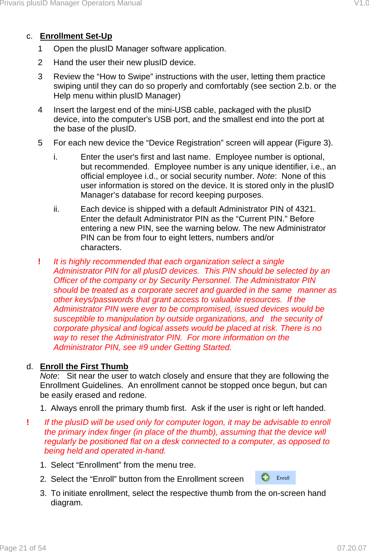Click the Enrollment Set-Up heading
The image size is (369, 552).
pyautogui.click(x=76, y=36)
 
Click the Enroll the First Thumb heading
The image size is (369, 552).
pyautogui.click(x=84, y=366)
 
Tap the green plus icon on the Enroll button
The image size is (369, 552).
pyautogui.click(x=266, y=477)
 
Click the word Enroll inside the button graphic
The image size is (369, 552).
pyautogui.click(x=283, y=478)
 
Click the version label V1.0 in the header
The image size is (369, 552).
pyautogui.click(x=361, y=3)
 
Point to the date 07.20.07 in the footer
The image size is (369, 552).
pyautogui.click(x=351, y=548)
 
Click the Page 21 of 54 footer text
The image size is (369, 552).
pyautogui.click(x=23, y=548)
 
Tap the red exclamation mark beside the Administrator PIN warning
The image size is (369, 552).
pyautogui.click(x=39, y=262)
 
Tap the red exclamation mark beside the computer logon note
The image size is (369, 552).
pyautogui.click(x=28, y=422)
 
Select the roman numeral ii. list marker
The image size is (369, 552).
pyautogui.click(x=56, y=209)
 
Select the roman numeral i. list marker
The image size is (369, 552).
pyautogui.click(x=55, y=157)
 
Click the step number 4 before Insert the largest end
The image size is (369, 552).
pyautogui.click(x=40, y=110)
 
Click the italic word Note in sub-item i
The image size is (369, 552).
pyautogui.click(x=266, y=176)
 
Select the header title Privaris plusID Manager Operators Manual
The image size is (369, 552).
pyautogui.click(x=71, y=3)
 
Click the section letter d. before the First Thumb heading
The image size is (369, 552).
pyautogui.click(x=30, y=366)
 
